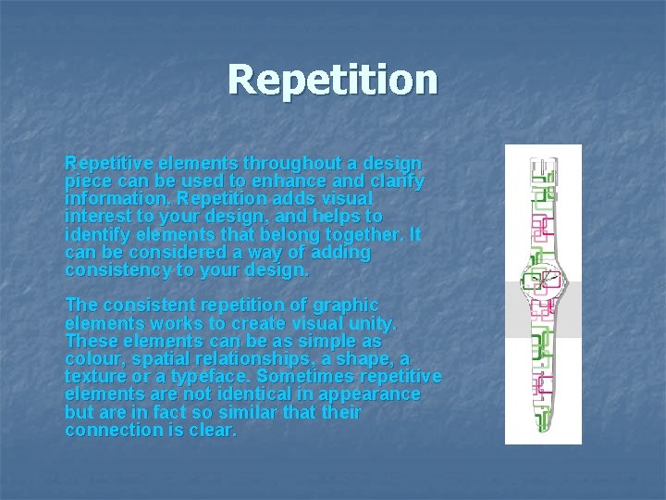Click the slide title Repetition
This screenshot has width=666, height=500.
pos(332,80)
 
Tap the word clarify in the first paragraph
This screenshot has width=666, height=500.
pos(397,181)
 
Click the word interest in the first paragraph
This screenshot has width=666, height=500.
pos(96,217)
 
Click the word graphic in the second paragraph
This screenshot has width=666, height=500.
pos(347,305)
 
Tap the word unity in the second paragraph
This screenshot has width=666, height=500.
pos(374,323)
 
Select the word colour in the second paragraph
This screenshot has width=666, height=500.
pos(93,358)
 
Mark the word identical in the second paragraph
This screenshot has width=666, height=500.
pos(240,394)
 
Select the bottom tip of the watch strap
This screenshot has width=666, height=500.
pos(542,429)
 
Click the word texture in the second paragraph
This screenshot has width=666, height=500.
pos(96,377)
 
